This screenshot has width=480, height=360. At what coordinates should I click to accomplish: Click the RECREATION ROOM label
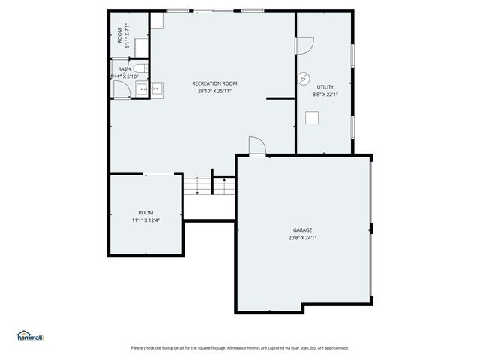pos(215,83)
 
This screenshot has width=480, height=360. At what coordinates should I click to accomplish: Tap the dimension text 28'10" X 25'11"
pos(215,91)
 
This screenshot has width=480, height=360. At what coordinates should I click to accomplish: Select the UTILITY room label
pos(325,87)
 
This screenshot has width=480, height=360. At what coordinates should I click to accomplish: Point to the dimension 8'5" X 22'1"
pos(325,95)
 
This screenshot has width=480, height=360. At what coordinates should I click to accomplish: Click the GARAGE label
pos(303,230)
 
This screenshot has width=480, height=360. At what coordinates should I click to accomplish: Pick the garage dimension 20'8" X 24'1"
pos(303,238)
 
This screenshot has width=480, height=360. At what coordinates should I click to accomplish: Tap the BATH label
pos(124,69)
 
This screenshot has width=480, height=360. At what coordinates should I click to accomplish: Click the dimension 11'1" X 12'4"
pos(145,220)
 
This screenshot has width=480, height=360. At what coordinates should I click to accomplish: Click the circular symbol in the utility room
pos(304,77)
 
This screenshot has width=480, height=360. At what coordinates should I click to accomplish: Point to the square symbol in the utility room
pos(311,117)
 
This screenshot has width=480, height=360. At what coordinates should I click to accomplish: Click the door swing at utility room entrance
pos(304,46)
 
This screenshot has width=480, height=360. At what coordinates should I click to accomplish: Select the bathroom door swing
pos(121,89)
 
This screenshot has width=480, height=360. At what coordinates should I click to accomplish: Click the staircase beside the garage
pos(199,184)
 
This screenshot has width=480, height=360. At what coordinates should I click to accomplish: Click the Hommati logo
pos(31,336)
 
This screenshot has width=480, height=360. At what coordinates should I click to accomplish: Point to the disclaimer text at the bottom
pos(240,347)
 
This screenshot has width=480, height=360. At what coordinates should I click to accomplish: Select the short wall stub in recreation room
pos(280,98)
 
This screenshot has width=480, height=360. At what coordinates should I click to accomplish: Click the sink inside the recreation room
pos(155,89)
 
